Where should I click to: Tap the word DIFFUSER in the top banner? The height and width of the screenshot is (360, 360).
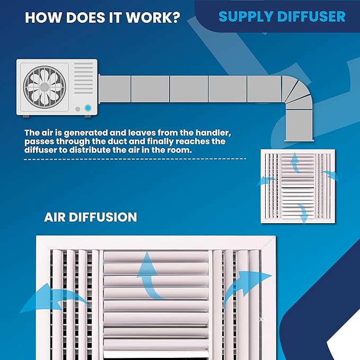click(311, 16)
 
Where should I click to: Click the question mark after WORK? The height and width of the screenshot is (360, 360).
click(176, 17)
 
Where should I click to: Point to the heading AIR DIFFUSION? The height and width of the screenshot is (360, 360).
click(91, 217)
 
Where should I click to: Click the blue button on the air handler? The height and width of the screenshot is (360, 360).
click(87, 108)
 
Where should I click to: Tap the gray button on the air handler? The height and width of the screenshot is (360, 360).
click(78, 109)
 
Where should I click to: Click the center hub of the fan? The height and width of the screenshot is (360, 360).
click(45, 87)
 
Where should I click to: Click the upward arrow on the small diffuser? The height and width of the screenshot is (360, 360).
click(295, 163)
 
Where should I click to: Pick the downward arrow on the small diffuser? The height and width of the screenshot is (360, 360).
click(303, 213)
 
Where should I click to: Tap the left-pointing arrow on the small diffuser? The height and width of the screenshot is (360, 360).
click(266, 181)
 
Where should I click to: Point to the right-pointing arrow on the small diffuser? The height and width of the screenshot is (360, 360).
click(331, 175)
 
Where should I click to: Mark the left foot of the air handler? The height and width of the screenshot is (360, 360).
click(26, 117)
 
